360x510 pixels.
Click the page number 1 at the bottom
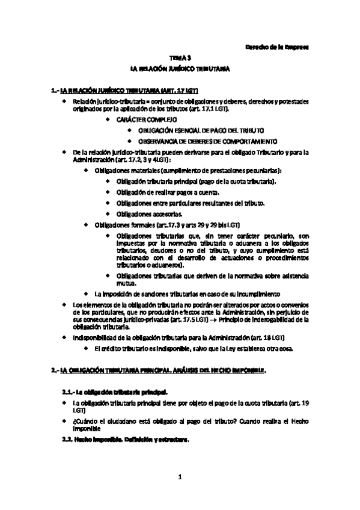coord(180,478)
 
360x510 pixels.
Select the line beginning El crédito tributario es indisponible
coord(193,351)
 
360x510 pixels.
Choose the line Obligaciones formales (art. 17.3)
coord(148,225)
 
